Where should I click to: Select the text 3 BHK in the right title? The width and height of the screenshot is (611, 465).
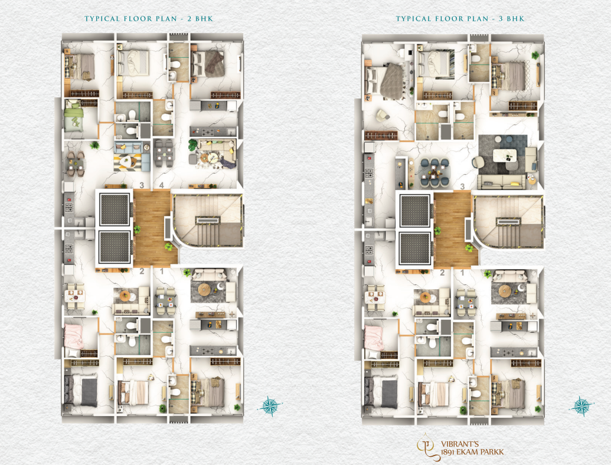pyautogui.click(x=511, y=18)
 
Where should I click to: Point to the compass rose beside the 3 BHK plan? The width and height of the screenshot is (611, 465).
pyautogui.click(x=581, y=405)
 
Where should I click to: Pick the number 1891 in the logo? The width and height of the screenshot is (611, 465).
pyautogui.click(x=450, y=453)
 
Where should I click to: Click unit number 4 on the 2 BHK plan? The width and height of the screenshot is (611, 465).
pyautogui.click(x=161, y=186)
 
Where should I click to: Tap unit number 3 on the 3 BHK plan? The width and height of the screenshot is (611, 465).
pyautogui.click(x=462, y=186)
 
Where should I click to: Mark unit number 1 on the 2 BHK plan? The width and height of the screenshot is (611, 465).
pyautogui.click(x=162, y=271)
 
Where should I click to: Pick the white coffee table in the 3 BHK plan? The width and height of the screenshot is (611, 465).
pyautogui.click(x=505, y=155)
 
